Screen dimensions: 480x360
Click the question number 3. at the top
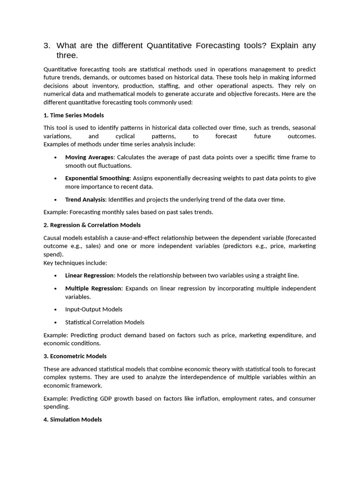pyautogui.click(x=47, y=46)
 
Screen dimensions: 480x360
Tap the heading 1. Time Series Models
pyautogui.click(x=74, y=115)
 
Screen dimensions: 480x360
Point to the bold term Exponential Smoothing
pyautogui.click(x=97, y=179)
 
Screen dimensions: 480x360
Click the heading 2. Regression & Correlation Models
pyautogui.click(x=92, y=225)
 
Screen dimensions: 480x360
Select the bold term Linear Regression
pyautogui.click(x=89, y=276)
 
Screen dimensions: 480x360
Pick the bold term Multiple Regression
pyautogui.click(x=93, y=288)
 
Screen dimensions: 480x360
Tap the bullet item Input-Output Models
pyautogui.click(x=94, y=309)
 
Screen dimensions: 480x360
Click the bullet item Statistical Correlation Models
pyautogui.click(x=105, y=322)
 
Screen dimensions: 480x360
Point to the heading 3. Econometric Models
pyautogui.click(x=75, y=356)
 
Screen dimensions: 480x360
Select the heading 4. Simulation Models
pyautogui.click(x=73, y=420)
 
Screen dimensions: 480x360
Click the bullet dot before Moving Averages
pyautogui.click(x=56, y=157)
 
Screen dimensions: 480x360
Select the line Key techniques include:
pyautogui.click(x=75, y=263)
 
